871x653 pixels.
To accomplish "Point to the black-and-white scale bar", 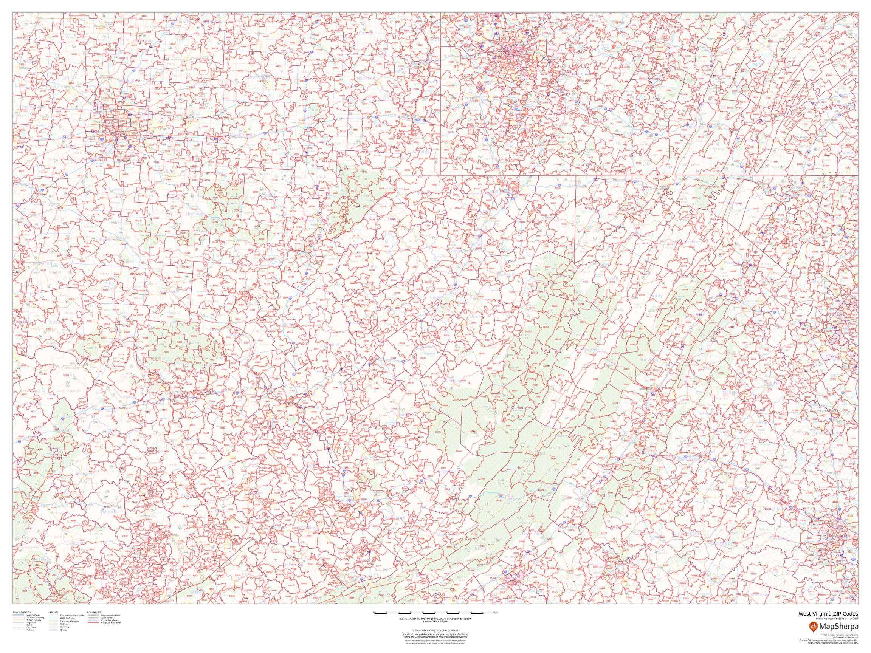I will [x=435, y=614].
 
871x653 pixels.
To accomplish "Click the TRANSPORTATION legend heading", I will [x=22, y=612].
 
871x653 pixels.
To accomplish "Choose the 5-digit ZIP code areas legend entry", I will [x=111, y=623].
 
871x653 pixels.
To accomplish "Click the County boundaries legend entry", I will [x=110, y=621].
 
